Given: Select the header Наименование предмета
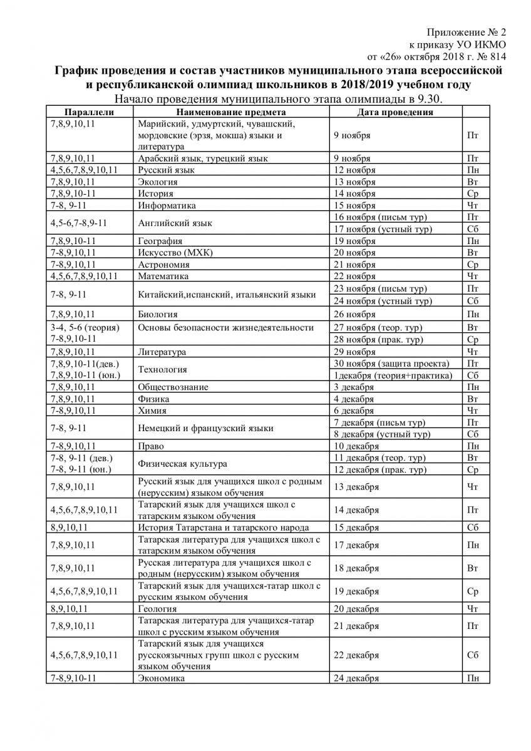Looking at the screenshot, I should pyautogui.click(x=232, y=112).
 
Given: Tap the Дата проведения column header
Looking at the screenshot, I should pyautogui.click(x=394, y=112).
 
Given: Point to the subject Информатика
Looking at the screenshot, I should pyautogui.click(x=167, y=205).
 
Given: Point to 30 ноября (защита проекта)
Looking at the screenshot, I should pyautogui.click(x=391, y=364).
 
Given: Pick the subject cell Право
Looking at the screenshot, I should pyautogui.click(x=151, y=446).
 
